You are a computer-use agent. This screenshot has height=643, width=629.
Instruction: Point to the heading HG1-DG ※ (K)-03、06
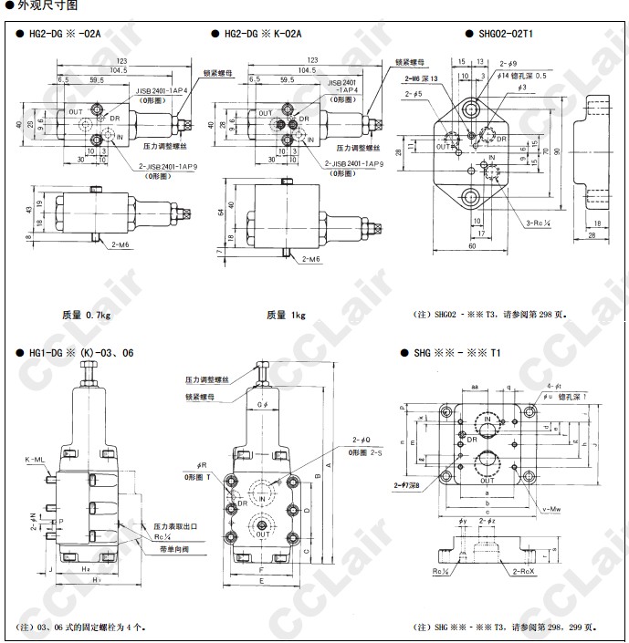(82, 351)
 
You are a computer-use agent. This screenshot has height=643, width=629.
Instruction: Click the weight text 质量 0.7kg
(86, 315)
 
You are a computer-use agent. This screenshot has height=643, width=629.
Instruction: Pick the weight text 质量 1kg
(286, 315)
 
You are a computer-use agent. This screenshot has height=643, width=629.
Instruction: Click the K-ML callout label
(35, 460)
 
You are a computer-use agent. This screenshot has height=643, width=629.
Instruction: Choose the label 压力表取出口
(174, 527)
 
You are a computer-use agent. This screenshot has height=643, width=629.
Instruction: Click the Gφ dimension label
(263, 404)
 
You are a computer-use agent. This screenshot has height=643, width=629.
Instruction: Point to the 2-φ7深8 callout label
(406, 486)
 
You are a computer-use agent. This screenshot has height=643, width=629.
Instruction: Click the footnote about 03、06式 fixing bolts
(80, 627)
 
